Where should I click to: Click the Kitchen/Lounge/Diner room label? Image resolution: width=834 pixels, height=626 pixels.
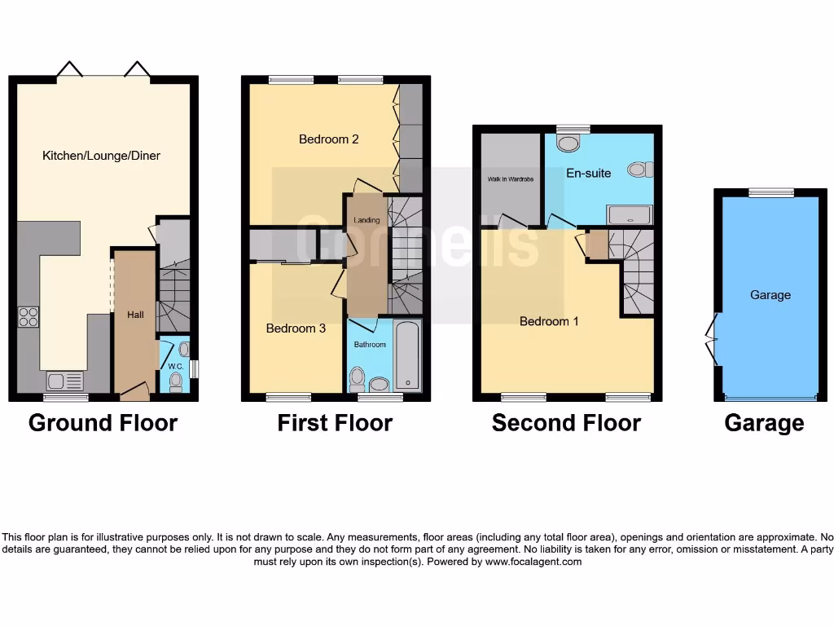[x=101, y=155]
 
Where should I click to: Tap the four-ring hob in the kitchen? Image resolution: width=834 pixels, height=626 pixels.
[x=29, y=315]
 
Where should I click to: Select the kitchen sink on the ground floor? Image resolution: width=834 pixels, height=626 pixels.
[x=65, y=380]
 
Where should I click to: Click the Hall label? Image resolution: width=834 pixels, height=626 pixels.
[x=135, y=314]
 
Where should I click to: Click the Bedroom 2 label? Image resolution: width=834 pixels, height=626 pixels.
[x=328, y=139]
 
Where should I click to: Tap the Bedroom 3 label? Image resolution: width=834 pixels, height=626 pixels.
[x=296, y=328]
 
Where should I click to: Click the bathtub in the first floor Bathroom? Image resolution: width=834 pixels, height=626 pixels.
[x=407, y=356]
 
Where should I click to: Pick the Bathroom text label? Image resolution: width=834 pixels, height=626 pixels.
[x=369, y=345]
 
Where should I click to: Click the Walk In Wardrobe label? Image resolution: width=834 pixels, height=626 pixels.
[x=511, y=179]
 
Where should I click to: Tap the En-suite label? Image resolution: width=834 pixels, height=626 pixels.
[x=588, y=173]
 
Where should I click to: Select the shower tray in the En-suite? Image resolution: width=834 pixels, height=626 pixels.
[x=630, y=214]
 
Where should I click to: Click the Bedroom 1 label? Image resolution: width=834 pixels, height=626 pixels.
[x=549, y=321]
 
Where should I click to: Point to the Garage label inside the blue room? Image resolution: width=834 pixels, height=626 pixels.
[x=770, y=295]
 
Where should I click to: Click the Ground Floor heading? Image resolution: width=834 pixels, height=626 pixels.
[x=103, y=423]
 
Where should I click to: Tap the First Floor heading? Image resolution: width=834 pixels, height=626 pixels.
[x=335, y=423]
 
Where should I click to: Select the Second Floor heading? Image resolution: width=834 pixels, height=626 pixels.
[x=566, y=423]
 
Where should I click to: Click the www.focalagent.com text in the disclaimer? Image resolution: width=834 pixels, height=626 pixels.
[x=533, y=562]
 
